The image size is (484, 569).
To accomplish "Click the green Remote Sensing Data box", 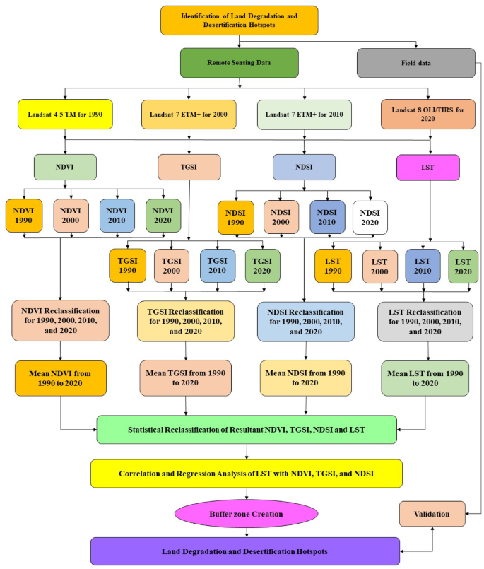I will (239, 62).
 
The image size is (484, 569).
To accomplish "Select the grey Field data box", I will (415, 62).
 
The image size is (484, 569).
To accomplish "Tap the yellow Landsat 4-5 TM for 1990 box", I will (65, 115).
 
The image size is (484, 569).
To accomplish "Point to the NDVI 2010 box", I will (117, 216).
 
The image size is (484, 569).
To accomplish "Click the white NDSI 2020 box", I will (370, 217).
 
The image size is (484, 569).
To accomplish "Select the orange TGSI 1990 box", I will (126, 266).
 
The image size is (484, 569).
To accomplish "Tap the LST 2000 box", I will (380, 266).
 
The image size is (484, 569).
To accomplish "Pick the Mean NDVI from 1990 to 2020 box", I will (60, 377).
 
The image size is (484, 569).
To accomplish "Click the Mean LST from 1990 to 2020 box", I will (425, 377).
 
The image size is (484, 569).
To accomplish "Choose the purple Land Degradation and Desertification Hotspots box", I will (244, 551).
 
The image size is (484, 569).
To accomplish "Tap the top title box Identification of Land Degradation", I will (239, 20).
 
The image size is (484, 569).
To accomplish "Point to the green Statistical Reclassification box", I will (246, 429).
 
